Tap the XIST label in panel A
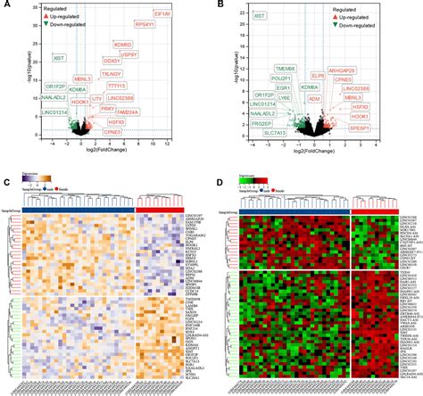[x=59, y=58]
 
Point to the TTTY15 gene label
[x=142, y=85]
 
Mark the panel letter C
[x=7, y=184]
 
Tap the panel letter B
[x=220, y=5]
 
